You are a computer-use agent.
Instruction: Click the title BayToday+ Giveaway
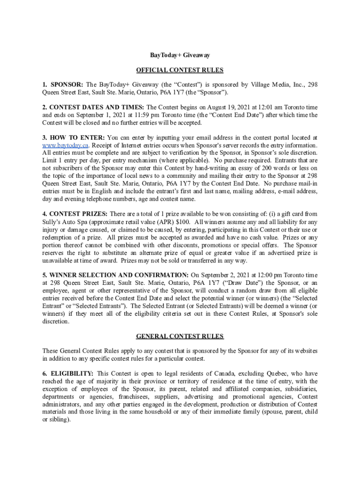[180, 55]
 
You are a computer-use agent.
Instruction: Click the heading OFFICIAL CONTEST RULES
[180, 70]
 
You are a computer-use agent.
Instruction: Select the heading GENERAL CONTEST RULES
[180, 336]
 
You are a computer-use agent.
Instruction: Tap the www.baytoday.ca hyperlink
[65, 145]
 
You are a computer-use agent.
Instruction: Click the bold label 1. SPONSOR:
[63, 85]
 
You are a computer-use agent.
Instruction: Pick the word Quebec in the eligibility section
[266, 374]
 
